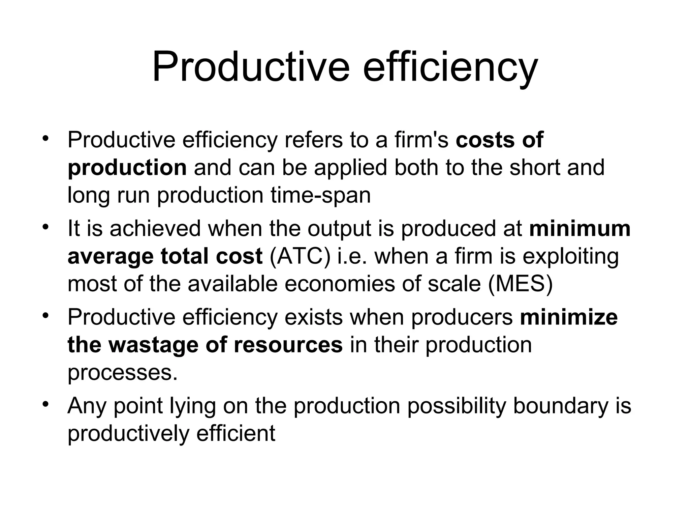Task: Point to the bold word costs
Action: point(485,140)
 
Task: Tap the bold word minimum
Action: point(580,229)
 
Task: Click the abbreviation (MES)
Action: point(520,284)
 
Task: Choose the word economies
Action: point(340,284)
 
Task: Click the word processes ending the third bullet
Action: point(122,373)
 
